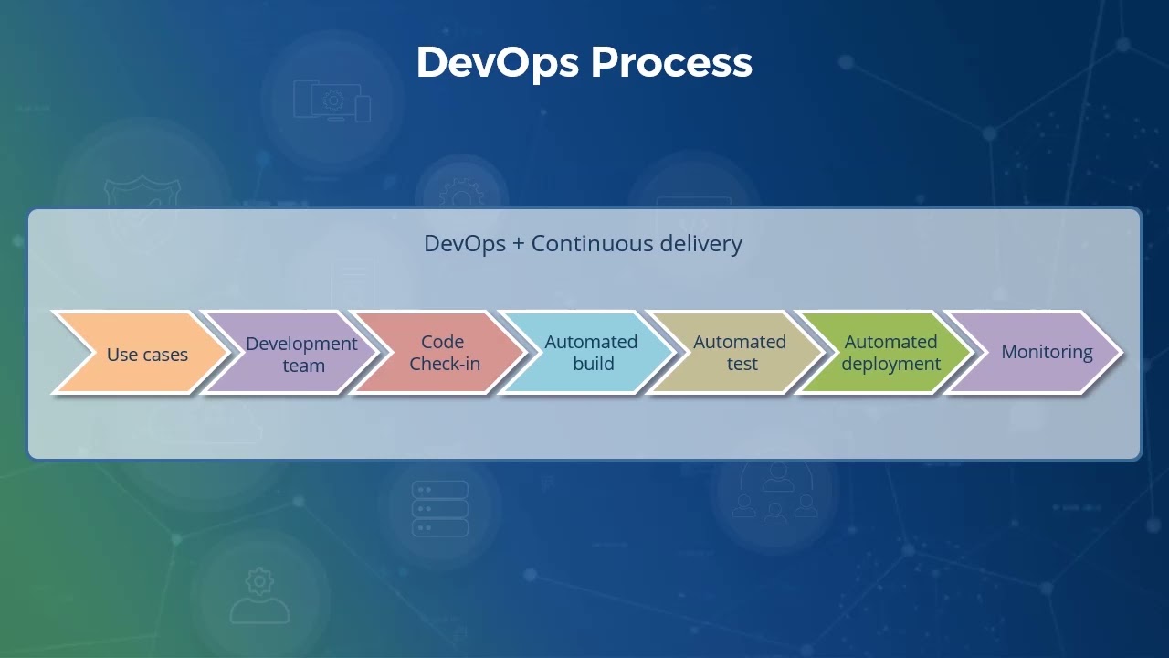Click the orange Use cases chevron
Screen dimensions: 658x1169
pos(146,354)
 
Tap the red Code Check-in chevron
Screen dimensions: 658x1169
pos(444,353)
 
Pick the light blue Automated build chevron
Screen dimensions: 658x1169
pos(591,353)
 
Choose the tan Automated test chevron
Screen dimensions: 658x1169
pos(740,353)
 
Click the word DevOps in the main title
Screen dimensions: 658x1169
pos(498,62)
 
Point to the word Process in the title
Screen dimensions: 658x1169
pos(671,62)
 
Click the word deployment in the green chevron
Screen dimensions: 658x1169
pos(890,364)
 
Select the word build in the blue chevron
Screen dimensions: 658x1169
pos(593,364)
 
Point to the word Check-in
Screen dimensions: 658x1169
pos(445,364)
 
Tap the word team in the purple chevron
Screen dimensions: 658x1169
pos(303,366)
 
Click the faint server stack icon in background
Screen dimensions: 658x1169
pos(440,509)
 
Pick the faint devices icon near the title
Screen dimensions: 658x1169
pos(332,100)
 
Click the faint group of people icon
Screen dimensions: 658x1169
pos(775,493)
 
